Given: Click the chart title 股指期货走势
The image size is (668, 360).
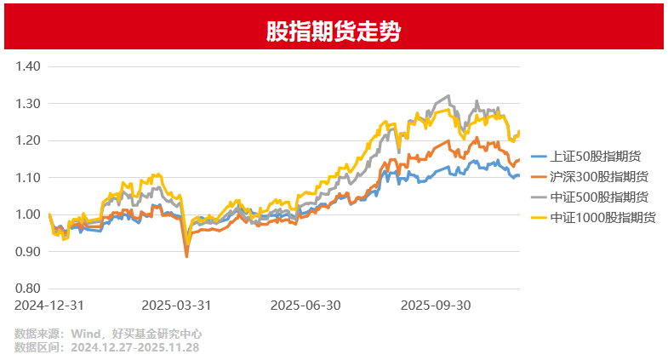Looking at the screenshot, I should coord(334,32).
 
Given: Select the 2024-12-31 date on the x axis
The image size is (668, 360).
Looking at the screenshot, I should coord(50,305).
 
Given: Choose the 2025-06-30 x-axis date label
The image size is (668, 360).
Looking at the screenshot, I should coord(305,305).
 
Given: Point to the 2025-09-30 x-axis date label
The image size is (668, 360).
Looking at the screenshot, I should coord(435,305).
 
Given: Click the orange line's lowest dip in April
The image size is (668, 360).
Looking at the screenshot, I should coord(187,255).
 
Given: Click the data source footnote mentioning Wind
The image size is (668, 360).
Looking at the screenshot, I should coord(108,334).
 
